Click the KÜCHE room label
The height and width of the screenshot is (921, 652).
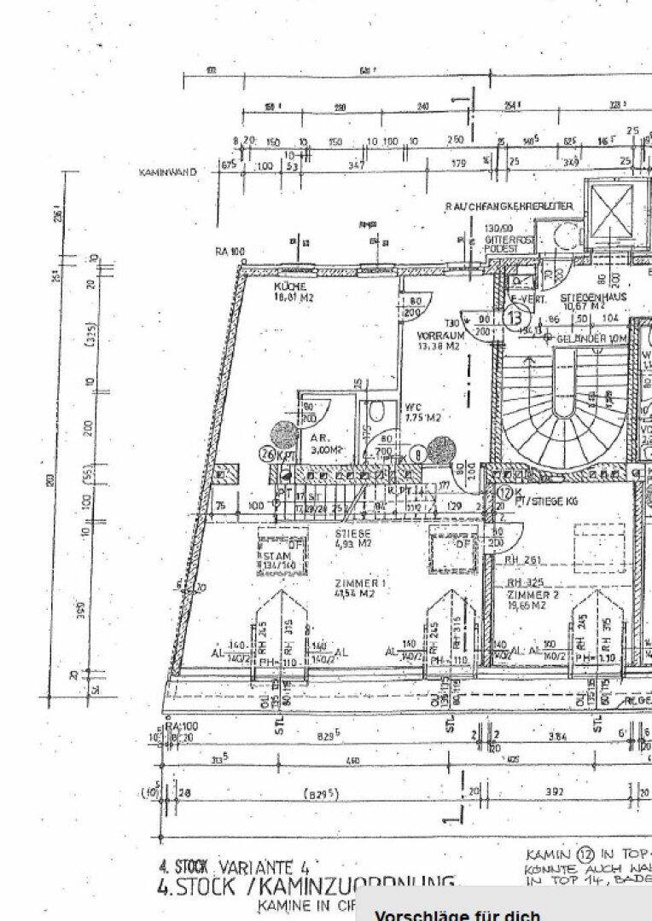pyautogui.click(x=291, y=287)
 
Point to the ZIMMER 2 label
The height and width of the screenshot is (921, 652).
pyautogui.click(x=533, y=594)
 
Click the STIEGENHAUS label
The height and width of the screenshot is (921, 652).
pyautogui.click(x=594, y=298)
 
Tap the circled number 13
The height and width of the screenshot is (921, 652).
pyautogui.click(x=515, y=318)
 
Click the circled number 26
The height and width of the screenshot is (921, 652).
pyautogui.click(x=266, y=455)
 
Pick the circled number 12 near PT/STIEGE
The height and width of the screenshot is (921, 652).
pyautogui.click(x=504, y=492)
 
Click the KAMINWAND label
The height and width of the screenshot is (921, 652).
pyautogui.click(x=167, y=171)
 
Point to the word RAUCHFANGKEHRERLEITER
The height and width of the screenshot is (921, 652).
pyautogui.click(x=509, y=206)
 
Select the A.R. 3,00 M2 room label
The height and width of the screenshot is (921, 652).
pyautogui.click(x=321, y=443)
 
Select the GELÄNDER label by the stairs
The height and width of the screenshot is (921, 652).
pyautogui.click(x=592, y=339)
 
